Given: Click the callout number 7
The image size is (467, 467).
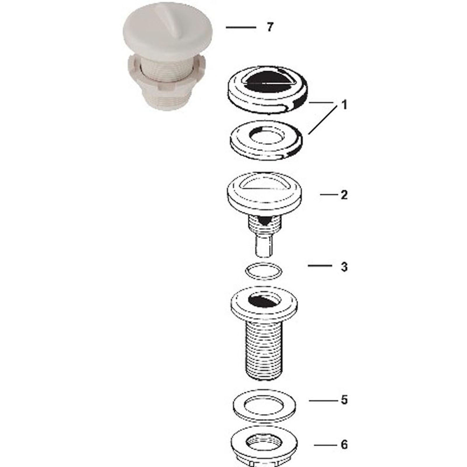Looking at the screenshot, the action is point(270,27).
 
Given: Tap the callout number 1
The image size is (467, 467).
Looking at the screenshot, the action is point(344,105).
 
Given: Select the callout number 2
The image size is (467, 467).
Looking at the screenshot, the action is point(344,195).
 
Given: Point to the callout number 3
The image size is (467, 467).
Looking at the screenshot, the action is point(344,267).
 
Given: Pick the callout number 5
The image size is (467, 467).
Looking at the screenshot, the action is point(344,400).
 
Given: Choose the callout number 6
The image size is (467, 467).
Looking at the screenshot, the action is point(344,445).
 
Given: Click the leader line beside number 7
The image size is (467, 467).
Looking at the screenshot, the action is point(241,27).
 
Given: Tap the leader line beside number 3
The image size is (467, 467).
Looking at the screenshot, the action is point(320,266).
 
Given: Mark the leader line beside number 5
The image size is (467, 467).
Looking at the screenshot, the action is point(321,400).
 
